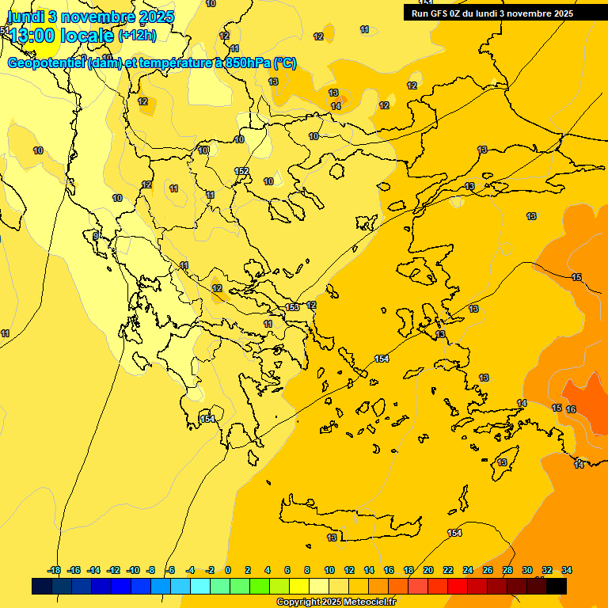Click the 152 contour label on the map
pyautogui.click(x=241, y=171)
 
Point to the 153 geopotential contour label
pyautogui.click(x=292, y=307)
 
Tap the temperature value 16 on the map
pyautogui.click(x=571, y=409)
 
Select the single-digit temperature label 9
pyautogui.click(x=96, y=236)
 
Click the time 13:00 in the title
pyautogui.click(x=36, y=35)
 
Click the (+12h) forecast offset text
pyautogui.click(x=137, y=35)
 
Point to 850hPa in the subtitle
pyautogui.click(x=242, y=63)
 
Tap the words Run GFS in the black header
pyautogui.click(x=432, y=13)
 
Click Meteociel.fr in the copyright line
pyautogui.click(x=370, y=602)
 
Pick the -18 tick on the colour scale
pyautogui.click(x=54, y=570)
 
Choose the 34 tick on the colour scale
pyautogui.click(x=566, y=570)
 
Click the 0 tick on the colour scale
pyautogui.click(x=228, y=570)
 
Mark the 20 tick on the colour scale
pyautogui.click(x=428, y=570)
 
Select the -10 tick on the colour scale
pyautogui.click(x=133, y=570)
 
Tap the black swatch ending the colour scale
pyautogui.click(x=557, y=587)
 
